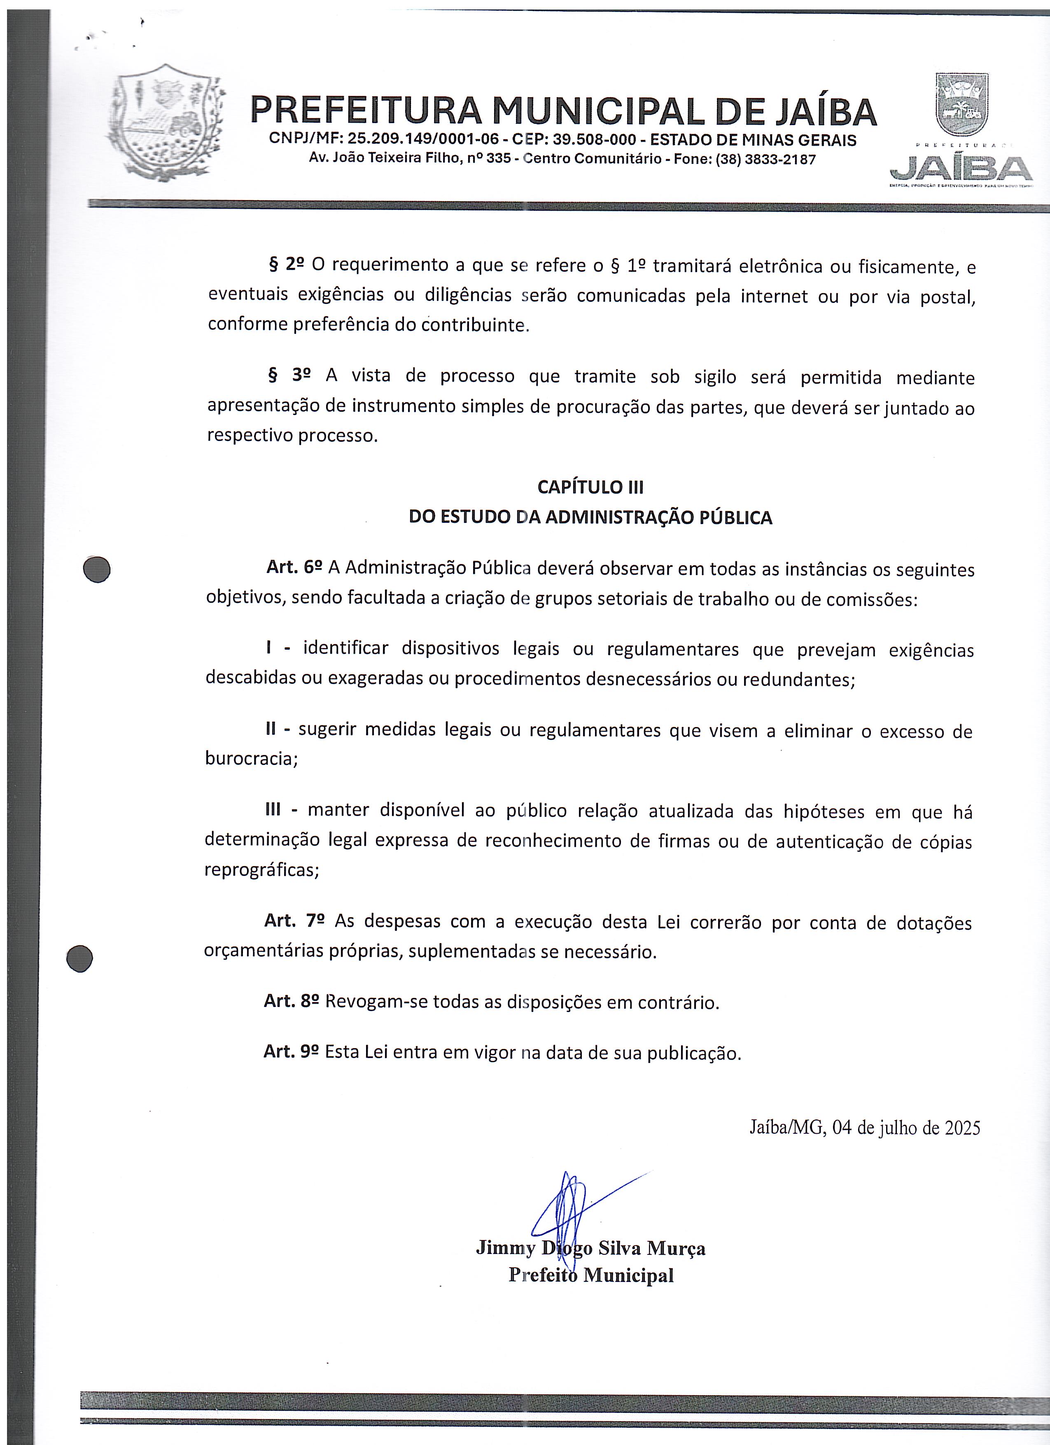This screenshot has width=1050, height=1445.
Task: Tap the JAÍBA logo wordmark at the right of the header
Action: pyautogui.click(x=961, y=168)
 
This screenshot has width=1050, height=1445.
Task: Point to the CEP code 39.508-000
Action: pyautogui.click(x=595, y=140)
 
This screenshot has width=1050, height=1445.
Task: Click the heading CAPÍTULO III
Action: pyautogui.click(x=590, y=487)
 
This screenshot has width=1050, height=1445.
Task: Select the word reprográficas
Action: pyautogui.click(x=261, y=870)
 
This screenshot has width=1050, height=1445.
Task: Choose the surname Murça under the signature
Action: pyautogui.click(x=676, y=1248)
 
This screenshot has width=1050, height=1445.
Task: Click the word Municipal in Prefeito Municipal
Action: pyautogui.click(x=628, y=1275)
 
